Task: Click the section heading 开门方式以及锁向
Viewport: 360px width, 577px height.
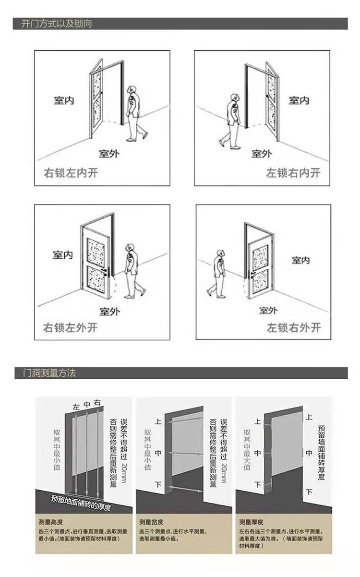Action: pyautogui.click(x=57, y=24)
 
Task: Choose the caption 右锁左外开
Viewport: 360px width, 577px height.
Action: pyautogui.click(x=71, y=328)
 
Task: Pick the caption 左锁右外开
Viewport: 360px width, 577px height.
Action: pyautogui.click(x=294, y=328)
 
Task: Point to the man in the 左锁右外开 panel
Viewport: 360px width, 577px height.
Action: pyautogui.click(x=217, y=274)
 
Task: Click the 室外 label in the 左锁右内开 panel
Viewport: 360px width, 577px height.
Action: pyautogui.click(x=262, y=154)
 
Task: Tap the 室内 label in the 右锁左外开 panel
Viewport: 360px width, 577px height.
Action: pyautogui.click(x=63, y=254)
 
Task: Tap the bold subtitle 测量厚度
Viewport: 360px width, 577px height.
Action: pyautogui.click(x=251, y=522)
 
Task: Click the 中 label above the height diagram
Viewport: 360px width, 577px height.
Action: pyautogui.click(x=87, y=404)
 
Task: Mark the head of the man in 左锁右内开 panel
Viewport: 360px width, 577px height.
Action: pyautogui.click(x=234, y=98)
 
